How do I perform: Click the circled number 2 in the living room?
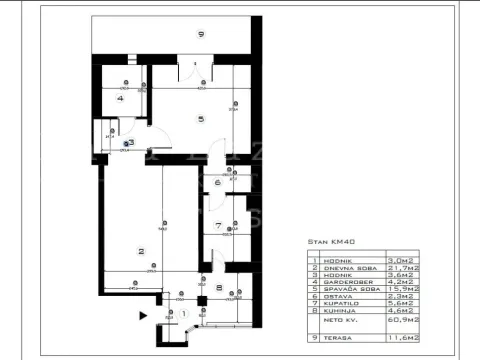pos(141,251)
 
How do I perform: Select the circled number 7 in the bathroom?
pos(218,225)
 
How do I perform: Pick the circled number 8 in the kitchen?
pos(218,288)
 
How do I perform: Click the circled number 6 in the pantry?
pos(217,182)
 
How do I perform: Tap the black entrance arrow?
pos(144,315)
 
